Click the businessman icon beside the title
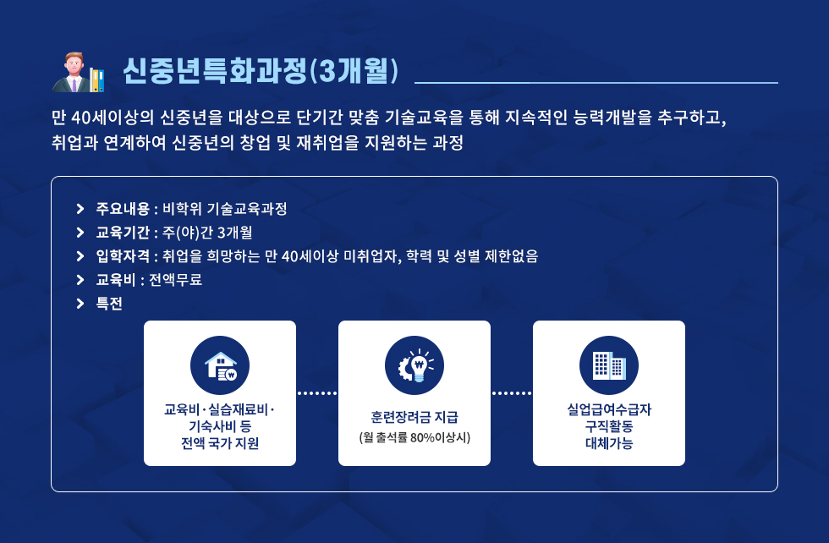(x=71, y=73)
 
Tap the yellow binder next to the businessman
(x=95, y=80)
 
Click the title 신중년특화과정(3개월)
(x=261, y=70)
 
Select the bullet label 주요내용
(x=123, y=208)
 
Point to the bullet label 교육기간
(x=123, y=232)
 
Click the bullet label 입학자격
(x=123, y=256)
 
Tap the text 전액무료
(x=176, y=280)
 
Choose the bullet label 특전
(x=109, y=304)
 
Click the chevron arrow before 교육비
(x=80, y=280)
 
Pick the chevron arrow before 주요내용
(x=80, y=208)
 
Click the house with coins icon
(x=220, y=365)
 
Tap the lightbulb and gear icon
(x=414, y=365)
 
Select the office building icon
(x=609, y=365)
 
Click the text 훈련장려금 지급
(x=414, y=417)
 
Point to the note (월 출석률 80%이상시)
(x=414, y=437)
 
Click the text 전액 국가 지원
(x=220, y=443)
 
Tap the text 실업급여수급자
(x=609, y=409)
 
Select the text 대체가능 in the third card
(x=609, y=443)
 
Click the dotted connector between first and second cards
(x=317, y=393)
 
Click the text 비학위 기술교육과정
(x=225, y=208)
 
